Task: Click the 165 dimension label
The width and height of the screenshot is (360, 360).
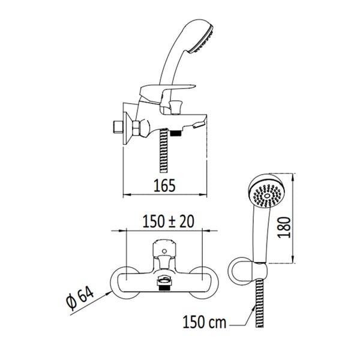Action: pyautogui.click(x=164, y=185)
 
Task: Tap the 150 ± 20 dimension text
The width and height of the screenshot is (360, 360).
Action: pyautogui.click(x=168, y=221)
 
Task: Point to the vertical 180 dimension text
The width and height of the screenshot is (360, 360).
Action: pyautogui.click(x=284, y=227)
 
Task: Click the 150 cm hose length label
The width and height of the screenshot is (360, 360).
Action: pyautogui.click(x=205, y=322)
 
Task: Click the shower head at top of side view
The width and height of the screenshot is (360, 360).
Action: pyautogui.click(x=200, y=37)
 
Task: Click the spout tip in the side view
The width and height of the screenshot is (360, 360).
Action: pyautogui.click(x=199, y=125)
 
